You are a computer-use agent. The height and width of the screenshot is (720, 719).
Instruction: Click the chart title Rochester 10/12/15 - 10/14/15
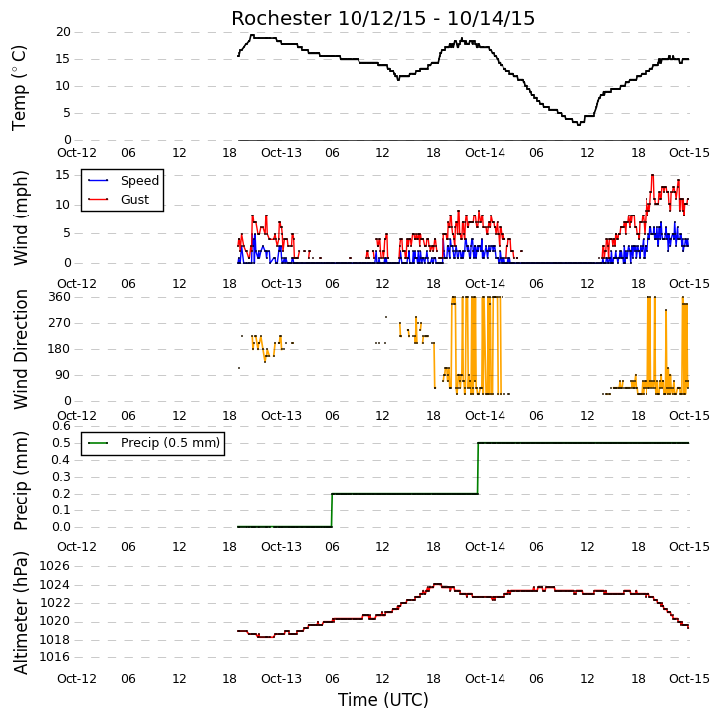(x=383, y=18)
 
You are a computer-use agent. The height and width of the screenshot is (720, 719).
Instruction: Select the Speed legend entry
(x=124, y=181)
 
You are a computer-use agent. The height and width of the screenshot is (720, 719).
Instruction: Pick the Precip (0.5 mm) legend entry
(x=154, y=443)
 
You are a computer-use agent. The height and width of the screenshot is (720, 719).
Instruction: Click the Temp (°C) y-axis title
(x=19, y=87)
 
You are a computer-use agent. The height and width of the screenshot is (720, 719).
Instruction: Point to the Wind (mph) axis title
(x=20, y=217)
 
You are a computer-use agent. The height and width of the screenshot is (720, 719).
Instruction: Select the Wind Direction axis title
(x=20, y=350)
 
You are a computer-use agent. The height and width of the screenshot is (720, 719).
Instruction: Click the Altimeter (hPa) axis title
(x=20, y=614)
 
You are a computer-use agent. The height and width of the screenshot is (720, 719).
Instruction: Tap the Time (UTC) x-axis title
(x=383, y=700)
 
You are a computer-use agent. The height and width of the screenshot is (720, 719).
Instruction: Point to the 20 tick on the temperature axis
(x=63, y=32)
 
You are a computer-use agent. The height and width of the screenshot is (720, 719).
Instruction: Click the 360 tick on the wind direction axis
(x=60, y=297)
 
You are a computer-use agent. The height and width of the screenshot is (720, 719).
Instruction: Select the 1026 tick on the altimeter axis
(x=55, y=566)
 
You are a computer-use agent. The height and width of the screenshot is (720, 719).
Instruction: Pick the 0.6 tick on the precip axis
(x=61, y=426)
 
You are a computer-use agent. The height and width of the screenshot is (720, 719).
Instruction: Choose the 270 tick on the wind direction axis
(x=60, y=323)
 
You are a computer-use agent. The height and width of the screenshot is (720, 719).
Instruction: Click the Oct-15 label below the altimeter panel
(x=689, y=678)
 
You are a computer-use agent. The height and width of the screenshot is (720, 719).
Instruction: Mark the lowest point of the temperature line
(x=579, y=124)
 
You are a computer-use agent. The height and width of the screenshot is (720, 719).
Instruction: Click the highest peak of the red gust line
(x=652, y=175)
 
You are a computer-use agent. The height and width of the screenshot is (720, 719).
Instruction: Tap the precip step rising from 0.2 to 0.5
(x=478, y=468)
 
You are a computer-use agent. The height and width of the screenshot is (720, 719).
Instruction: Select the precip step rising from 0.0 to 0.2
(x=332, y=510)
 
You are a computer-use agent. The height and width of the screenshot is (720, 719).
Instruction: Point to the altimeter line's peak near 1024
(x=437, y=584)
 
